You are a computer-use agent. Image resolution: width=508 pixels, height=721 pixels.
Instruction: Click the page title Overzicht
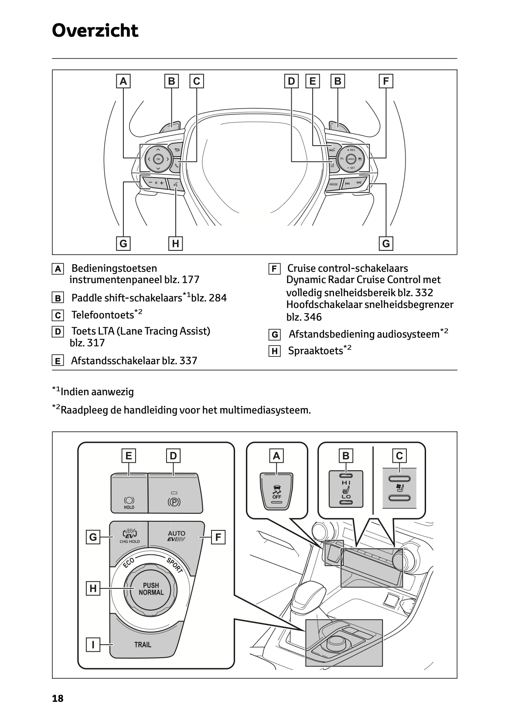pos(95,31)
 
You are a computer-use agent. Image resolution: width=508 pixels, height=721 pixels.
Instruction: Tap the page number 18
pos(58,699)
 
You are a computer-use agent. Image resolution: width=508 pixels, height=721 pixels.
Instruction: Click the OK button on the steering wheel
pos(158,159)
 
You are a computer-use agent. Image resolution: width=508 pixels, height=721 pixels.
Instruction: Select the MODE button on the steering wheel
pos(334,185)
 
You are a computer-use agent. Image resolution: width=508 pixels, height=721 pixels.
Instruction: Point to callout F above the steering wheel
pos(386,81)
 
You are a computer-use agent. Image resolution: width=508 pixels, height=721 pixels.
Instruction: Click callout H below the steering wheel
pos(175,243)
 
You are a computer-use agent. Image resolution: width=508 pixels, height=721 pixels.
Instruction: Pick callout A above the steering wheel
pos(123,81)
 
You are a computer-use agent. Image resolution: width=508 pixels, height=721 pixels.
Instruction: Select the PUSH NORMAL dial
pos(151,589)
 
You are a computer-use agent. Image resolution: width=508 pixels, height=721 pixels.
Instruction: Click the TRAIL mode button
pos(143,645)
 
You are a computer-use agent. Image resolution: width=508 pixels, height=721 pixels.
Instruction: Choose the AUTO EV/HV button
pos(176,536)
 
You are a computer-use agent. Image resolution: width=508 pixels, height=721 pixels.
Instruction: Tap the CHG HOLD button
pos(130,536)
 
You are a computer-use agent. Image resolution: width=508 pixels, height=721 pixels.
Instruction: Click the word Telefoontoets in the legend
pos(102,315)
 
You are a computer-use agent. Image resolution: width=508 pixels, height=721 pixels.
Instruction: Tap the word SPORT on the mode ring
pos(174,565)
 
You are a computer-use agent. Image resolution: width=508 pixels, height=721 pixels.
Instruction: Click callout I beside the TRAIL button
pos(93,644)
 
